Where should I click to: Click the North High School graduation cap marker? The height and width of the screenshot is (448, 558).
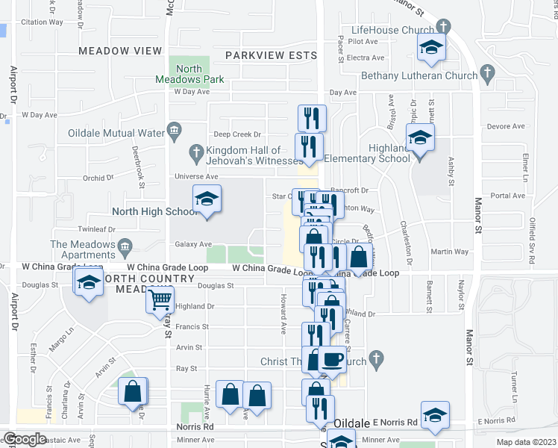pyautogui.click(x=207, y=199)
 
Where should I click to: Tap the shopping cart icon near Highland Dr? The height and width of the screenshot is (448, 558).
pyautogui.click(x=160, y=300)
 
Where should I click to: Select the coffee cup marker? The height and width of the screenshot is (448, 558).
pyautogui.click(x=333, y=360)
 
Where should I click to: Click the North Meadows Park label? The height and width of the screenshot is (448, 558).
pyautogui.click(x=180, y=73)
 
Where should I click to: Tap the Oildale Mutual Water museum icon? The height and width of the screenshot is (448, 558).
pyautogui.click(x=174, y=131)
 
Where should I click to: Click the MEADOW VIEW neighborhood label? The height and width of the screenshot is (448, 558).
pyautogui.click(x=120, y=51)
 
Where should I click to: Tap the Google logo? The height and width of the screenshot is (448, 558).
pyautogui.click(x=25, y=439)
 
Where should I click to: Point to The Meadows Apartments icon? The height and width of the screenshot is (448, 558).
pyautogui.click(x=125, y=244)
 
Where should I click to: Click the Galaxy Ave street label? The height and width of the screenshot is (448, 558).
pyautogui.click(x=193, y=244)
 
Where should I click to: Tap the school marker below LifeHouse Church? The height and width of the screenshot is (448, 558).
pyautogui.click(x=430, y=47)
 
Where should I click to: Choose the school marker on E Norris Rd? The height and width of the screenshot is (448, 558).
pyautogui.click(x=435, y=416)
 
